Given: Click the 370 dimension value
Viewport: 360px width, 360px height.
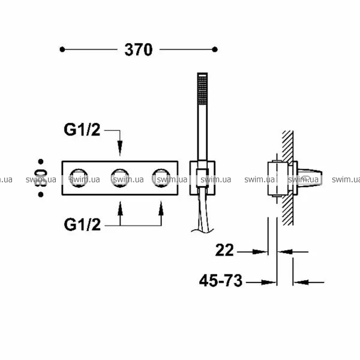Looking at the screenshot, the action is click(139, 50).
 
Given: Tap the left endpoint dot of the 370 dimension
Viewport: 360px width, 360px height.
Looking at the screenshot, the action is click(62, 49).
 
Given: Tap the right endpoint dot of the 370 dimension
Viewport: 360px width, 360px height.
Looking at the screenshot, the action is click(215, 49).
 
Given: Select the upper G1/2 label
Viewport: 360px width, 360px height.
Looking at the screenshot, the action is click(82, 130).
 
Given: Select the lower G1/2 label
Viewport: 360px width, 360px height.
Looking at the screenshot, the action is click(82, 224).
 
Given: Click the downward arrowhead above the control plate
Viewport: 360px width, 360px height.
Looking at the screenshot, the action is click(119, 148).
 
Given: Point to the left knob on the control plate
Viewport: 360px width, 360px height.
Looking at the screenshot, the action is click(79, 178).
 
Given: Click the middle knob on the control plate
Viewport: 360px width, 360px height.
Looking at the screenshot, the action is click(120, 178).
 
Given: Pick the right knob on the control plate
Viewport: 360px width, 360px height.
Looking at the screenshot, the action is click(161, 178).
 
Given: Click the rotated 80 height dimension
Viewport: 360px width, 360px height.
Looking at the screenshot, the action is click(40, 178).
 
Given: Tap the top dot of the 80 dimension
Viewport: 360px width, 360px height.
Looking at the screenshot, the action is click(41, 161).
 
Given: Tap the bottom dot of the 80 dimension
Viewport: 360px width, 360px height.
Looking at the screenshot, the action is click(41, 194).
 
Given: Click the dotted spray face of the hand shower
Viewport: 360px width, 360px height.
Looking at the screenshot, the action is click(202, 90).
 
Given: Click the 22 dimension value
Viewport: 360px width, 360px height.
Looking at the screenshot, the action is click(224, 250).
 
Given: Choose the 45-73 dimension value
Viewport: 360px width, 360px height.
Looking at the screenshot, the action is click(221, 280).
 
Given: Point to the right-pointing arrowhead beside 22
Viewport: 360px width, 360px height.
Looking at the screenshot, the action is click(260, 252).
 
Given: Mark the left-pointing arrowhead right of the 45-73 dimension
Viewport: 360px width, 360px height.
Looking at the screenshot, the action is click(301, 282).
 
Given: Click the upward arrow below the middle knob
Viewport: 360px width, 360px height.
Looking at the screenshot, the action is click(120, 214).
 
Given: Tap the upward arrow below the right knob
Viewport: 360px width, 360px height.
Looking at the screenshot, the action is click(161, 214).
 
